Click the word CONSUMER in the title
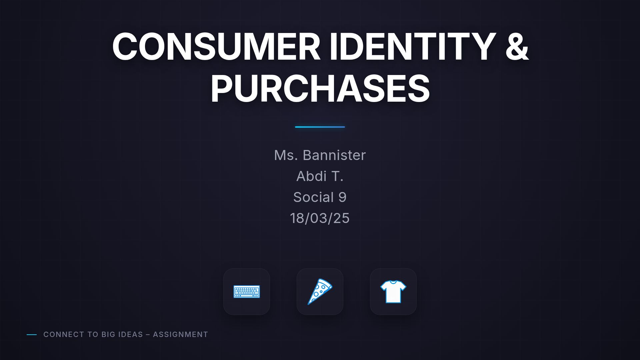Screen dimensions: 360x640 point(216,47)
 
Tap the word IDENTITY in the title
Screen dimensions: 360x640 point(412,47)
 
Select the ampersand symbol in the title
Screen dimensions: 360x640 point(517,47)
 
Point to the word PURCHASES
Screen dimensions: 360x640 point(320,89)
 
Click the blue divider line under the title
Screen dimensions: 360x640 point(320,127)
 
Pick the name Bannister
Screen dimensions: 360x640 point(334,155)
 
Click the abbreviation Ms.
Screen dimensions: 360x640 point(286,155)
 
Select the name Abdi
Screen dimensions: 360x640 point(311,176)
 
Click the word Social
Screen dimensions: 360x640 point(313,197)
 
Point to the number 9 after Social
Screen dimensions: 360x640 point(342,197)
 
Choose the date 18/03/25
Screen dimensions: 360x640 point(320,218)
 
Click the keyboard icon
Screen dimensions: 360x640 point(247,292)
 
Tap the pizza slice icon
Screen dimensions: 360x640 point(320,292)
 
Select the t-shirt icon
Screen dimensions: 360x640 point(393,292)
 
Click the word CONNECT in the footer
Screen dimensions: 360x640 point(64,334)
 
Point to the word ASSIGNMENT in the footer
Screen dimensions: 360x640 point(180,334)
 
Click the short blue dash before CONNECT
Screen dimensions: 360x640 point(32,334)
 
